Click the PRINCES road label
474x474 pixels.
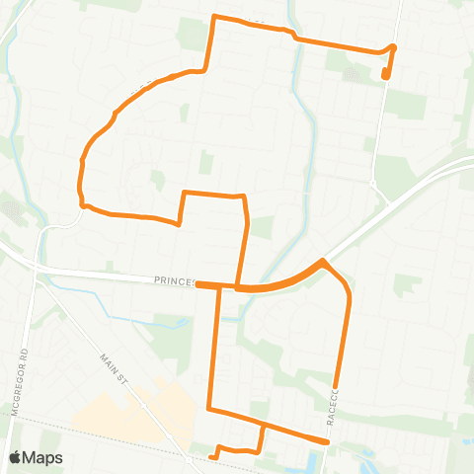(x=173, y=281)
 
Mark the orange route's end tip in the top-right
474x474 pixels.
(x=385, y=76)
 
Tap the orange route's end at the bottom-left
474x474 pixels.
(x=212, y=457)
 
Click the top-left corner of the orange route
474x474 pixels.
(x=215, y=17)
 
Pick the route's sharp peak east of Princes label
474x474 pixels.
(x=323, y=262)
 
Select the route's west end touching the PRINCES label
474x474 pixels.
(x=198, y=284)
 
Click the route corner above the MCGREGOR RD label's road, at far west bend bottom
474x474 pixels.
(x=84, y=205)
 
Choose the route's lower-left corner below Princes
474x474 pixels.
(x=209, y=408)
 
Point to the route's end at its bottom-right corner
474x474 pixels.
(x=326, y=440)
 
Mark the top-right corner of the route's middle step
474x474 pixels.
(x=243, y=196)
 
